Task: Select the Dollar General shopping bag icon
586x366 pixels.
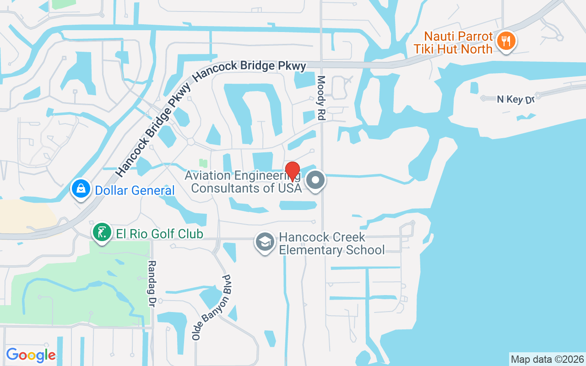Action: (81, 188)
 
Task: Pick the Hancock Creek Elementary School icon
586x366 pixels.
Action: (265, 242)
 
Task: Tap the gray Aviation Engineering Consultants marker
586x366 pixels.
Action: (315, 180)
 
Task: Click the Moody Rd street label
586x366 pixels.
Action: (321, 98)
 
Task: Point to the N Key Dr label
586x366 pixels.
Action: (516, 99)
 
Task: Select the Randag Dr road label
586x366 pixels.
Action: (152, 284)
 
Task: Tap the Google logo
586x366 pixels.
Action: (31, 355)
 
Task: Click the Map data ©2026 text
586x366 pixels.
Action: (547, 359)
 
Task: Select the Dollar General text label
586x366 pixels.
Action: (135, 190)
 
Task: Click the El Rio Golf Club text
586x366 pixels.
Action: (159, 234)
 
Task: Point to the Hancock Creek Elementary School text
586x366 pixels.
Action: (331, 243)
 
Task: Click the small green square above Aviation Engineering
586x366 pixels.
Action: (203, 163)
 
